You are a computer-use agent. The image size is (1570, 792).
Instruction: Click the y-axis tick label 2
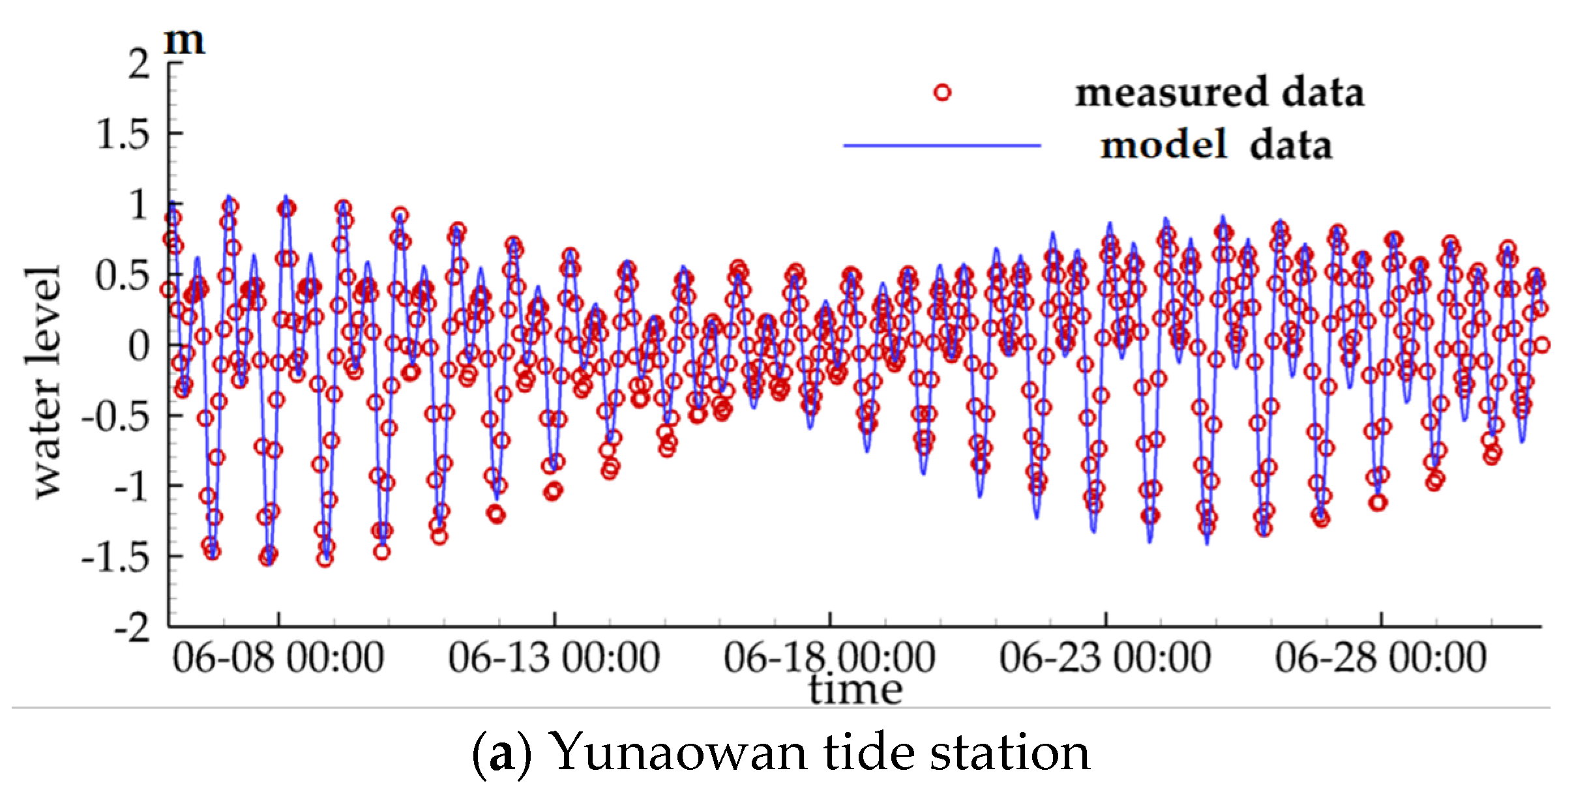click(x=139, y=64)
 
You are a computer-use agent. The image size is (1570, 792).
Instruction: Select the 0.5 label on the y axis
click(x=123, y=276)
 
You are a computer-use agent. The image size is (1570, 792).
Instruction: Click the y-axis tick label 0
click(x=139, y=346)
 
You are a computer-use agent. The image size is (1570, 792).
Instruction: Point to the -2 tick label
click(x=132, y=628)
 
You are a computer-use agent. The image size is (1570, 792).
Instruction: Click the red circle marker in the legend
click(x=942, y=93)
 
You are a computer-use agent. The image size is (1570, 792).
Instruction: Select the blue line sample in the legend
click(x=942, y=145)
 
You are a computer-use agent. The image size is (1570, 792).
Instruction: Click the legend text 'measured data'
click(x=1219, y=93)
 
